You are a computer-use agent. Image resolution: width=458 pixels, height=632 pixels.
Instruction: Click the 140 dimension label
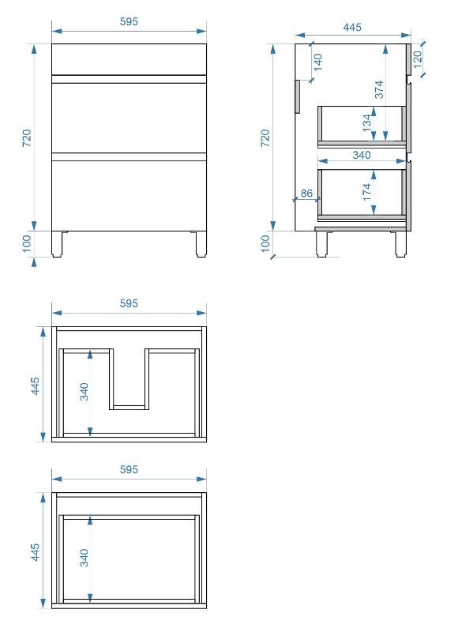[317, 62]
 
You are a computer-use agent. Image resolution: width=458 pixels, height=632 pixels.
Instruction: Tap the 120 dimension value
[417, 58]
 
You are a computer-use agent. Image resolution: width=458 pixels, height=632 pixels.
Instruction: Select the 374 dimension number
[379, 89]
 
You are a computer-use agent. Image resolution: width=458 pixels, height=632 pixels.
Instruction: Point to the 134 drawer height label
[366, 122]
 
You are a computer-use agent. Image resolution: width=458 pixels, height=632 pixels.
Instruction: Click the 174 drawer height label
[366, 192]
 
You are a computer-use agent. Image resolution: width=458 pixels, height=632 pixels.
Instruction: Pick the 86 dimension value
[306, 193]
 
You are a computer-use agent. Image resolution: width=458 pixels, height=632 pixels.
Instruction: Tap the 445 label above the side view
[352, 27]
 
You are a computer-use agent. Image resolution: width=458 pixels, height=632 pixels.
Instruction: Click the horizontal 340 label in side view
[362, 155]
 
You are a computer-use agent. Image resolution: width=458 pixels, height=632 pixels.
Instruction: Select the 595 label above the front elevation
[129, 21]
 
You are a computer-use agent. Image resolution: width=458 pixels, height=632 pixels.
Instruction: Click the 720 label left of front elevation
[27, 137]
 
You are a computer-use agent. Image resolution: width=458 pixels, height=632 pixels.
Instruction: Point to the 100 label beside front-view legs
[27, 243]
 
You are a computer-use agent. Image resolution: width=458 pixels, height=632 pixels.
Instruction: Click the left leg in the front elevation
[57, 244]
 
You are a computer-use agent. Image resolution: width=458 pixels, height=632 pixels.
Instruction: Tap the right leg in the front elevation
[201, 244]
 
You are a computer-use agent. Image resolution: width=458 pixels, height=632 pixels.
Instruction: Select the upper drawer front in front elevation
[129, 118]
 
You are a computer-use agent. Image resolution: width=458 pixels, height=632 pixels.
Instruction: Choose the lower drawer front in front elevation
[129, 196]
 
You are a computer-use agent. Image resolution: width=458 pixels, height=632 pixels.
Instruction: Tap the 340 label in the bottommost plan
[84, 558]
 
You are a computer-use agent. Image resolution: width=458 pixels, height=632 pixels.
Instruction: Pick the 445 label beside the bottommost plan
[36, 551]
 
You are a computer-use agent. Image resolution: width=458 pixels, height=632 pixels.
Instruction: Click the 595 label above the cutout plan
[129, 303]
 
